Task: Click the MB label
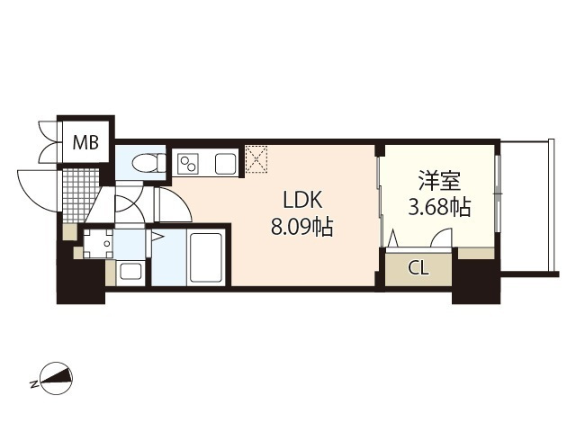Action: (86, 142)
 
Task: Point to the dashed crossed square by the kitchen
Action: (256, 159)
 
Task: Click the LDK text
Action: (302, 201)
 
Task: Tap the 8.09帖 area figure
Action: (302, 227)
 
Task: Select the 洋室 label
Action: (439, 181)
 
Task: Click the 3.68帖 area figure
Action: (440, 208)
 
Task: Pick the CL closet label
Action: (418, 269)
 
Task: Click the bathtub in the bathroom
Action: (206, 257)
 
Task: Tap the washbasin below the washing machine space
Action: (130, 272)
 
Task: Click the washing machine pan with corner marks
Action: (98, 244)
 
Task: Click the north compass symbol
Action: (57, 379)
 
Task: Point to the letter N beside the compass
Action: (34, 384)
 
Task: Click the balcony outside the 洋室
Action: (527, 207)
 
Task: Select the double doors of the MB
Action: (48, 141)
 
